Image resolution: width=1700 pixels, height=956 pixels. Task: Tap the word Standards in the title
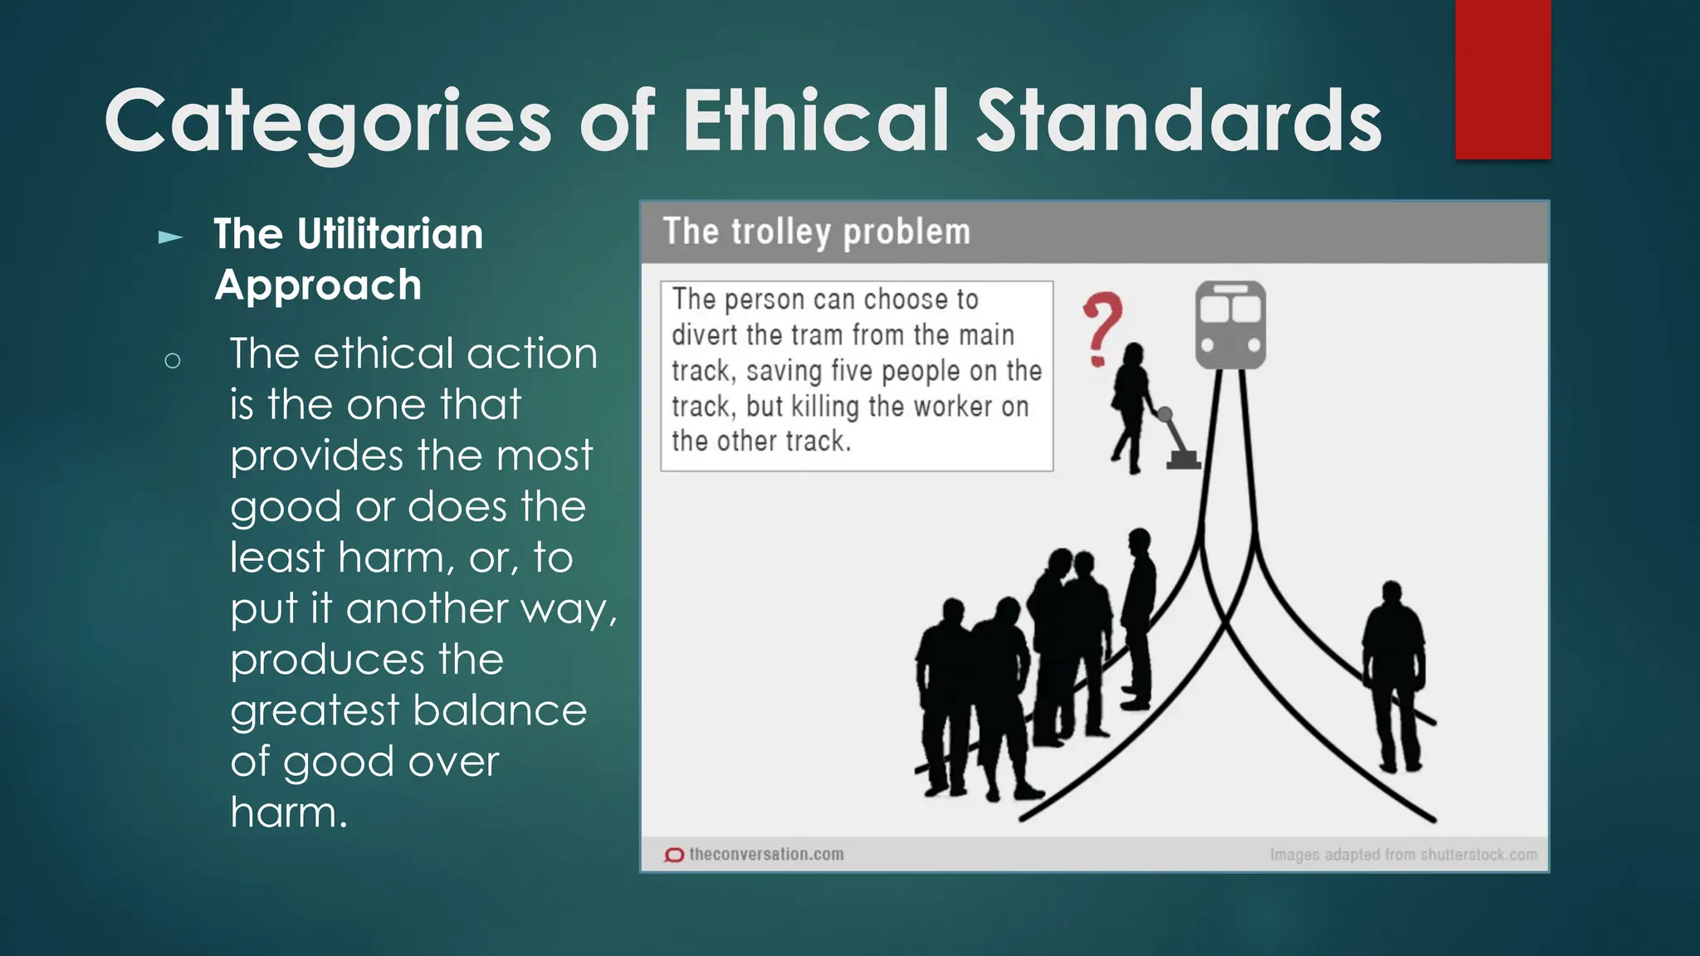pyautogui.click(x=1179, y=121)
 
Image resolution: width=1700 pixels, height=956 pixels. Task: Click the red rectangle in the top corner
pyautogui.click(x=1502, y=80)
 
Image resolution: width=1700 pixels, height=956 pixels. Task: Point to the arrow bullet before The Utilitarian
pyautogui.click(x=170, y=238)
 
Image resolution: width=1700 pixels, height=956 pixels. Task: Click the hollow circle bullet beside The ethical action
pyautogui.click(x=173, y=361)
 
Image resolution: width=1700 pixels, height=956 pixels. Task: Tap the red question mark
pyautogui.click(x=1102, y=329)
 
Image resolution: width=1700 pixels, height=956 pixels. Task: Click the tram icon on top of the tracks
pyautogui.click(x=1230, y=324)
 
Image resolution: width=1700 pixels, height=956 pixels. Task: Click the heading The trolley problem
pyautogui.click(x=816, y=232)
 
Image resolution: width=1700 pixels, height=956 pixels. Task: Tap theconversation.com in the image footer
pyautogui.click(x=765, y=854)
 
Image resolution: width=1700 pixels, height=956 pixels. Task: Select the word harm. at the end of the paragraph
pyautogui.click(x=288, y=812)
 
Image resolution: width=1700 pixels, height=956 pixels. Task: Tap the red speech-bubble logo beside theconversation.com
pyautogui.click(x=674, y=855)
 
